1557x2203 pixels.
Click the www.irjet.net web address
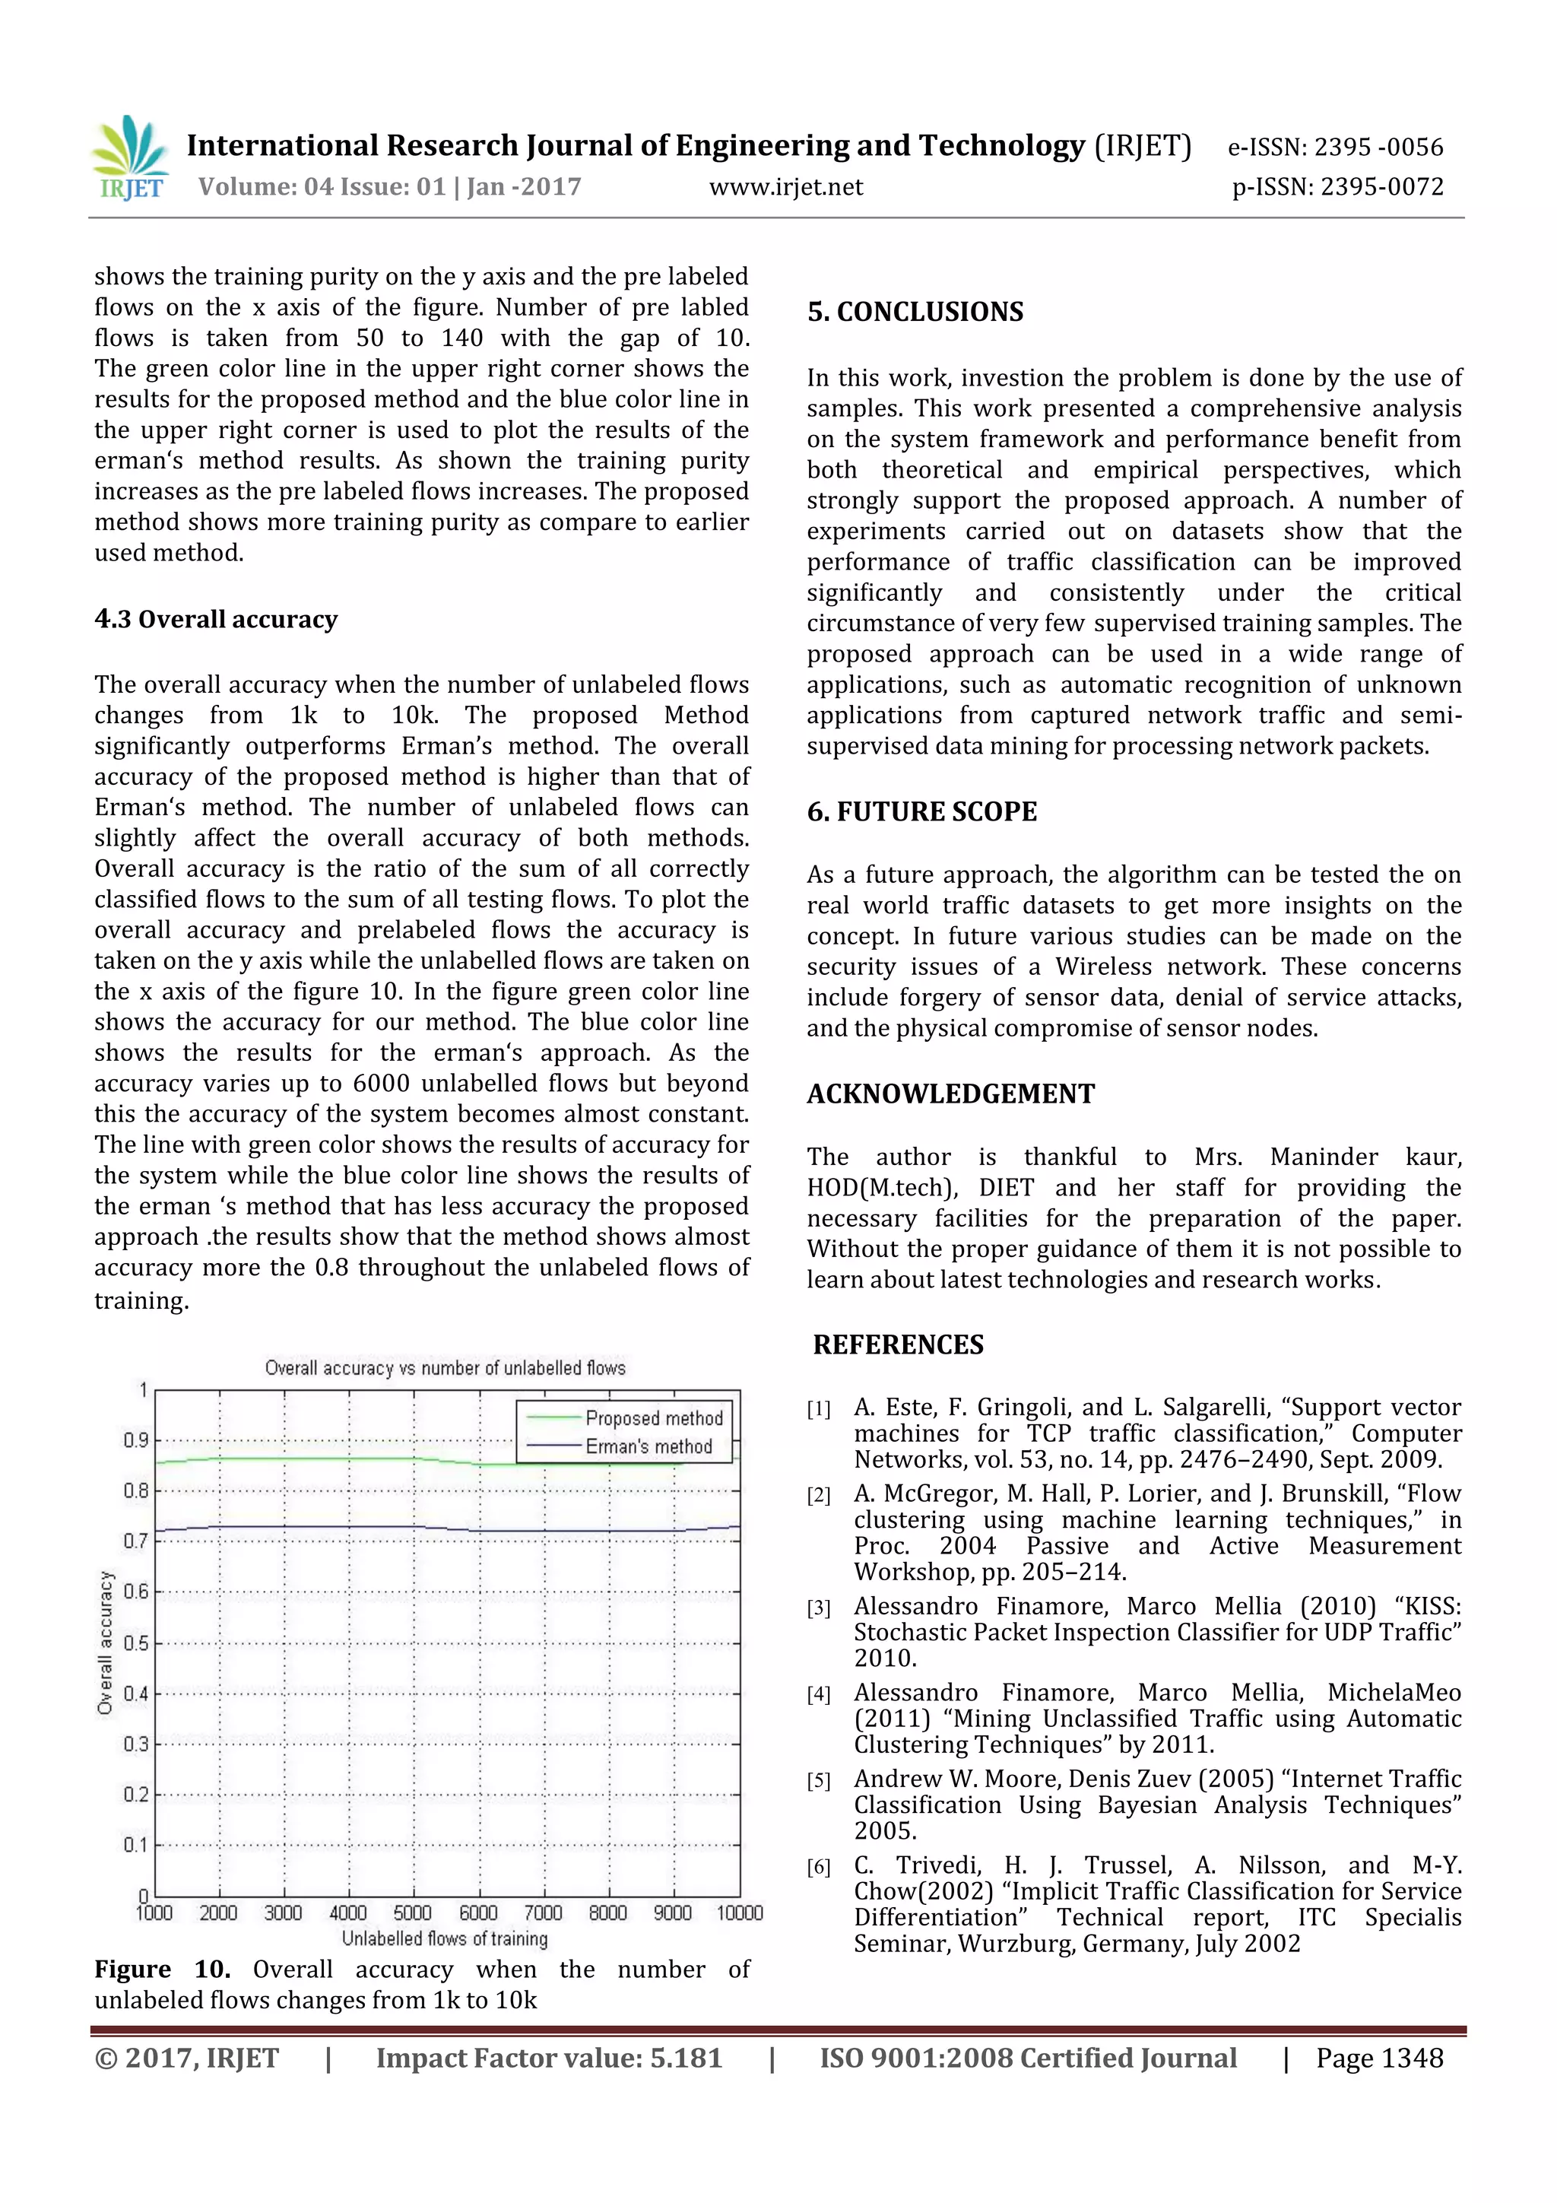point(785,187)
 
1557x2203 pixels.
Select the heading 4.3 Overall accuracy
point(216,619)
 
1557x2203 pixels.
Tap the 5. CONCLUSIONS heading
point(915,312)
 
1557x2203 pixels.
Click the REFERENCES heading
point(898,1344)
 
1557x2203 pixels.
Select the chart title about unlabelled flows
point(446,1367)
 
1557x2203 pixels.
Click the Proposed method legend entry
point(653,1418)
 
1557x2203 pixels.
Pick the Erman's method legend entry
point(648,1446)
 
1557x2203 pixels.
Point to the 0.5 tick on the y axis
point(135,1643)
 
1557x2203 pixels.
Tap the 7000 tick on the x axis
point(543,1913)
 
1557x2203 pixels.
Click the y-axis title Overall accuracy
point(106,1643)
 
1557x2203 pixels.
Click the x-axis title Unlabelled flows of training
point(446,1938)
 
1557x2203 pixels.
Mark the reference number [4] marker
point(818,1694)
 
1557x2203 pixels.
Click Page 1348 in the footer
point(1378,2058)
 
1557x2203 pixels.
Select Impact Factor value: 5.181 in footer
point(548,2058)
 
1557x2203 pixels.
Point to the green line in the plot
point(316,1459)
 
